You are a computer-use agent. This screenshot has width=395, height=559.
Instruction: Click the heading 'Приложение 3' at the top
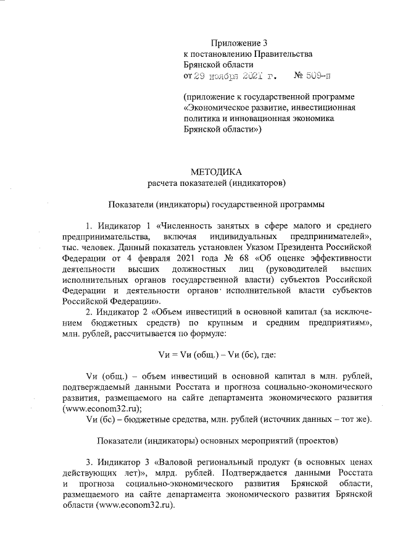240,43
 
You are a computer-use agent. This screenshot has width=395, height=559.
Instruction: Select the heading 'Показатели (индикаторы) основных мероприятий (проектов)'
216,442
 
